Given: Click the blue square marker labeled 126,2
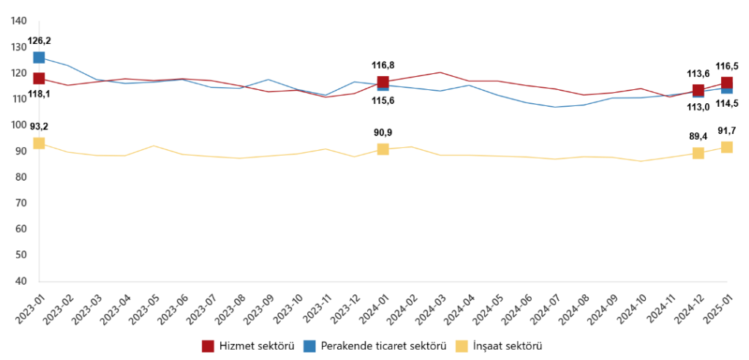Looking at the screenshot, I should (x=39, y=57).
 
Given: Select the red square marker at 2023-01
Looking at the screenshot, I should (x=39, y=78).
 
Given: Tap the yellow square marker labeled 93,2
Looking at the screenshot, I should (x=39, y=143).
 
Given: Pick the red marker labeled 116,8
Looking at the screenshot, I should (x=383, y=82).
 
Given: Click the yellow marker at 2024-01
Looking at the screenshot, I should (x=383, y=149).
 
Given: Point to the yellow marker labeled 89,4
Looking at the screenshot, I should (x=699, y=153).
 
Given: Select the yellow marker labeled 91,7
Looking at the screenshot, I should (x=727, y=147).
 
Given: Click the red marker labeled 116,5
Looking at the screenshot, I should (x=727, y=83).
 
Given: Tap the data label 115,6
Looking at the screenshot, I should (x=383, y=100).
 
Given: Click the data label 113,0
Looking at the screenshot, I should (x=698, y=106).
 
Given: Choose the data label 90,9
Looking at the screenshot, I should (x=383, y=132).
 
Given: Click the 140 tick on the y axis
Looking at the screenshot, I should (x=20, y=21).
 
